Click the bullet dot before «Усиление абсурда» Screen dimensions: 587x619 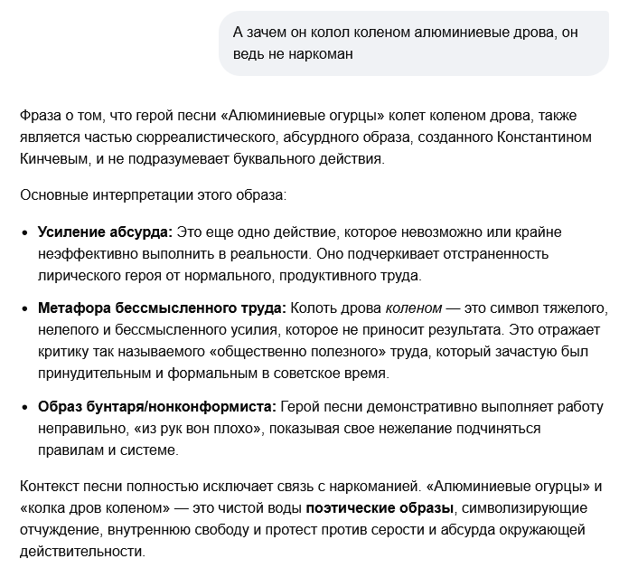(x=24, y=232)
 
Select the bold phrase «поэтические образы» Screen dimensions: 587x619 (x=380, y=507)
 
